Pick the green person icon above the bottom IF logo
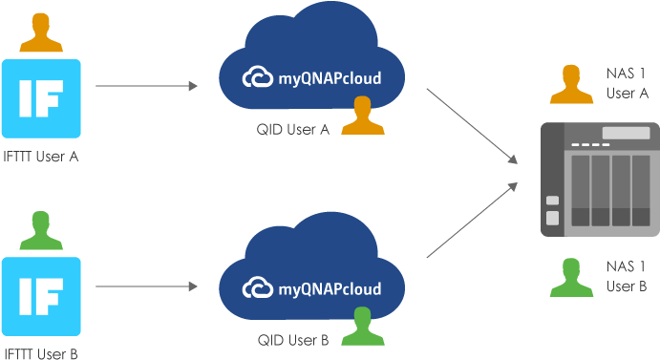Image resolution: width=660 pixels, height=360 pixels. tap(41, 230)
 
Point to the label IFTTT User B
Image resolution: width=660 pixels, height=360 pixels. tap(40, 353)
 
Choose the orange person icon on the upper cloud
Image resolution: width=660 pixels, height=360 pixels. tap(360, 116)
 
